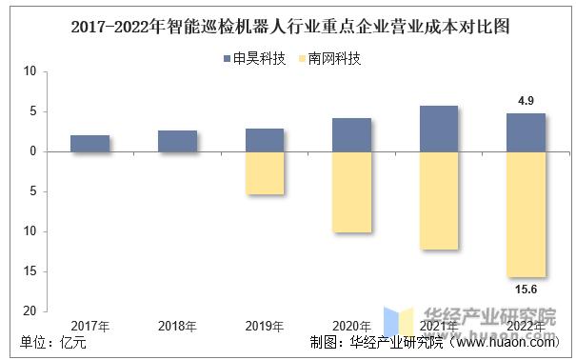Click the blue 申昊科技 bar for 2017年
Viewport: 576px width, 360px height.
(89, 144)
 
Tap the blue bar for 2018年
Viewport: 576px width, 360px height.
(177, 141)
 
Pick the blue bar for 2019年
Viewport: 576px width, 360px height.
(265, 140)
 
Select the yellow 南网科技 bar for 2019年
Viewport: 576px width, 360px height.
(265, 173)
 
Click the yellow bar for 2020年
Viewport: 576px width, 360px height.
(351, 191)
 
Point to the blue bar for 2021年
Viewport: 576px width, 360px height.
(439, 129)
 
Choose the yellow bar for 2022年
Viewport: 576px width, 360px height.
(526, 213)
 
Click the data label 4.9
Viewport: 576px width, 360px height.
(526, 100)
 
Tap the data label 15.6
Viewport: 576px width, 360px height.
(526, 290)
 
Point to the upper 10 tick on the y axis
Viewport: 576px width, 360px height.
(30, 71)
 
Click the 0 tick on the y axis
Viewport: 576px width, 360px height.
(33, 151)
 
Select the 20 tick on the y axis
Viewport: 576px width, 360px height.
(30, 311)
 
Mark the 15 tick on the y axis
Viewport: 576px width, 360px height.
(30, 271)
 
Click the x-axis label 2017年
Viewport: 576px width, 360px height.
(89, 327)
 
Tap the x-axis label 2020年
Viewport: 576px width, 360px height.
(351, 327)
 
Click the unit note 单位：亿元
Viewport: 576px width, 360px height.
(52, 344)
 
